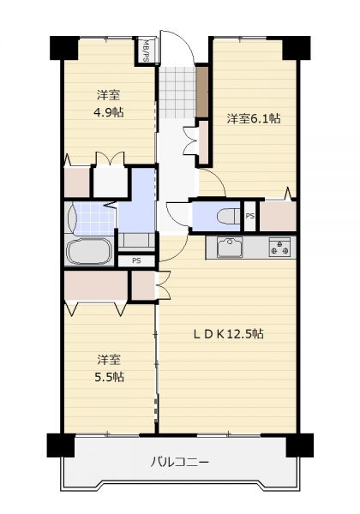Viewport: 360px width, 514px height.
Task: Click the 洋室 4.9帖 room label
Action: [x=109, y=104]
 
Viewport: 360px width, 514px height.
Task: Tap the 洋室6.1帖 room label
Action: [x=254, y=118]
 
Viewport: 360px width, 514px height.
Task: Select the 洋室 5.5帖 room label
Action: [x=109, y=368]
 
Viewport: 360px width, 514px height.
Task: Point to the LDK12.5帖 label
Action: [x=228, y=334]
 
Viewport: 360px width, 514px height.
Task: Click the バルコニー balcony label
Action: [x=180, y=463]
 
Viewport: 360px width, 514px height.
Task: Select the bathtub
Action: [x=89, y=251]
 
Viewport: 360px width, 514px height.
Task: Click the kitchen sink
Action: [x=230, y=248]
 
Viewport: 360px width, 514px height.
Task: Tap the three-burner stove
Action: [x=279, y=248]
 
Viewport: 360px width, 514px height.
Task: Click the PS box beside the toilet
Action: [x=250, y=216]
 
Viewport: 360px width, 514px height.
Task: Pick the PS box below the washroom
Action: [x=136, y=261]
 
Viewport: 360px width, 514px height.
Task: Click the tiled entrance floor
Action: [x=177, y=93]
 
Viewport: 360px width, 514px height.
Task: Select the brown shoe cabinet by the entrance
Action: [x=202, y=92]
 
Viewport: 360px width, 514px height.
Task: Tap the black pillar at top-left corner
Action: [x=64, y=48]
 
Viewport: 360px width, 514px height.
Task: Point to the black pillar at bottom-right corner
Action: [x=299, y=445]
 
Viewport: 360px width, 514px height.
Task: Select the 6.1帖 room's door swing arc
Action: [x=213, y=182]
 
